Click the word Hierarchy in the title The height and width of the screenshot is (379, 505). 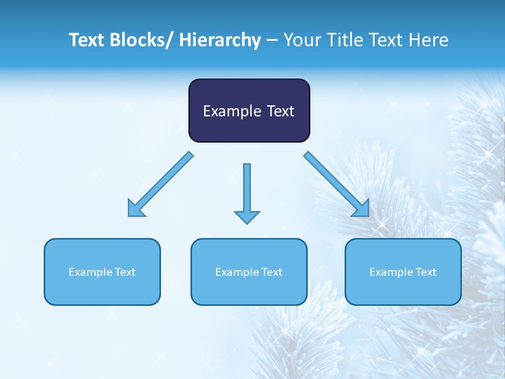(x=220, y=41)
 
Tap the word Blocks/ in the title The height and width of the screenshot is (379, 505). (x=143, y=41)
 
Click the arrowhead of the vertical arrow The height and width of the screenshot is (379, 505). (x=247, y=217)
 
